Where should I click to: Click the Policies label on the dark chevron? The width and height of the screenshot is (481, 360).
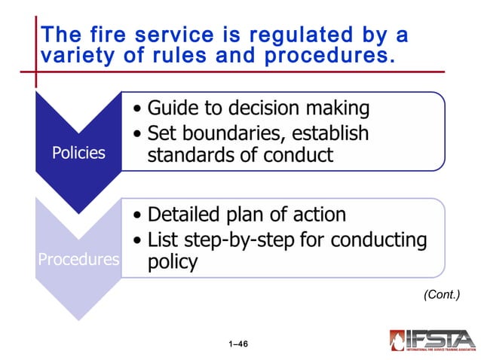pos(78,153)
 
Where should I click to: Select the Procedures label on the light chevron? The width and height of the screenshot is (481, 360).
pos(78,260)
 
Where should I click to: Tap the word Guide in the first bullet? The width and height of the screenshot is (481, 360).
pos(170,108)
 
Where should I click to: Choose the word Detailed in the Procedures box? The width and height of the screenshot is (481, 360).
pos(182,215)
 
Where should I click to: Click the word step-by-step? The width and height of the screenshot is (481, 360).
pos(243,240)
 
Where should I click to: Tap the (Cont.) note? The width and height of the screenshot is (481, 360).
pos(442,295)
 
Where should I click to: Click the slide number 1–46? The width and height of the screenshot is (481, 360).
pos(238,344)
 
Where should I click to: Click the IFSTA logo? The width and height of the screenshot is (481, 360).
pos(432,340)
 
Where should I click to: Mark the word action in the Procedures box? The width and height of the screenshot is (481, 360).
pos(319,215)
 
